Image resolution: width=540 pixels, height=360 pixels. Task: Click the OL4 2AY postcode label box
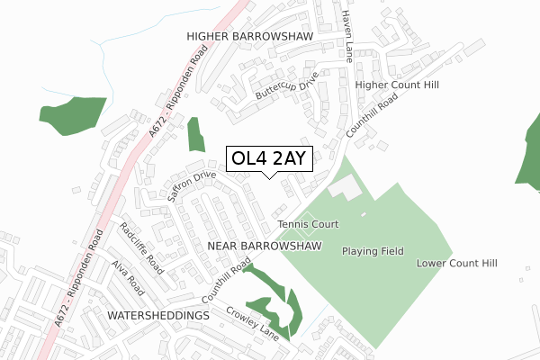point(269,159)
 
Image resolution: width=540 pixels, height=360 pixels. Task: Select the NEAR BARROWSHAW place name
point(264,246)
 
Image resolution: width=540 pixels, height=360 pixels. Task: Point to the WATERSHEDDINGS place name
point(157,317)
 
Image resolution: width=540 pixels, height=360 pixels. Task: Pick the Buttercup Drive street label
point(286,88)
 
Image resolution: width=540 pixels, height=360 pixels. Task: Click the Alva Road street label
point(128,279)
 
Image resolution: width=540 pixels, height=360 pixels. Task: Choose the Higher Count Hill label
point(397,85)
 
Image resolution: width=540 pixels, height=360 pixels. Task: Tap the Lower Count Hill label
point(456,264)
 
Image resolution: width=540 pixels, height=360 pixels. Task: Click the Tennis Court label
point(307,224)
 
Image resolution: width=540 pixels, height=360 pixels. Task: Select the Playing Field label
point(373,251)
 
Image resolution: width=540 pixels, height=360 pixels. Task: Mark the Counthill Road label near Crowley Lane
point(224,281)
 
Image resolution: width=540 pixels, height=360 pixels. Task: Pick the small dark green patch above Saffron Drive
point(195,135)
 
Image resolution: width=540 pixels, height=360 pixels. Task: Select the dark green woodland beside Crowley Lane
point(274,301)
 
